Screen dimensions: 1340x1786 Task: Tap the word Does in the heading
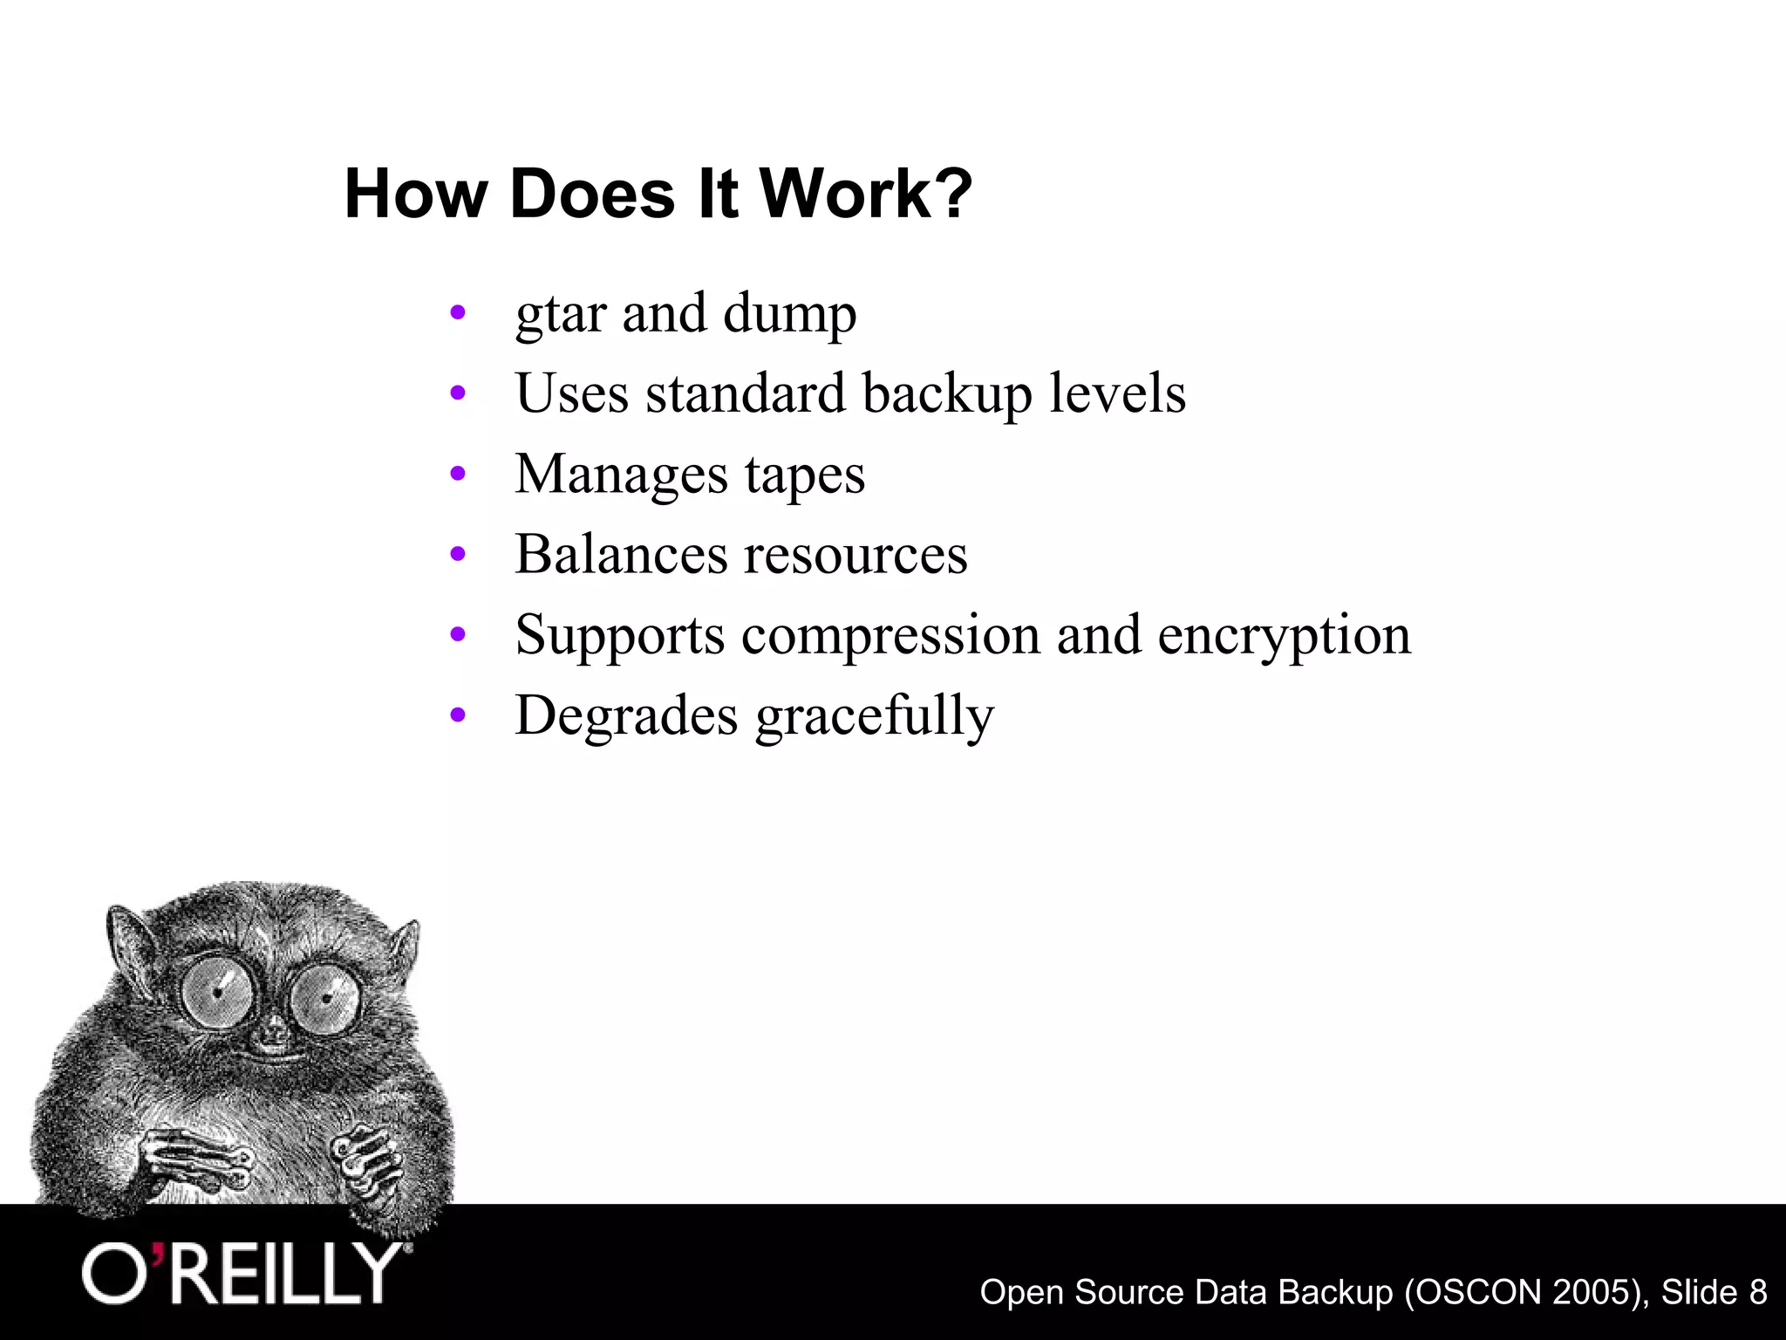tap(592, 194)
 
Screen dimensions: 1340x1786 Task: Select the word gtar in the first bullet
tap(561, 314)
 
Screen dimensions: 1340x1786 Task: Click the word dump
tap(789, 314)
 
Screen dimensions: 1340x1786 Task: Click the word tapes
tap(805, 475)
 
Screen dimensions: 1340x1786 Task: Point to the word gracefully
tap(875, 717)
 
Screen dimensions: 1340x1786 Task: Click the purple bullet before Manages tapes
tap(458, 475)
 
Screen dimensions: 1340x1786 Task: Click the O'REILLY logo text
tap(244, 1274)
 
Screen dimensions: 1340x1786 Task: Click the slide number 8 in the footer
tap(1756, 1292)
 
